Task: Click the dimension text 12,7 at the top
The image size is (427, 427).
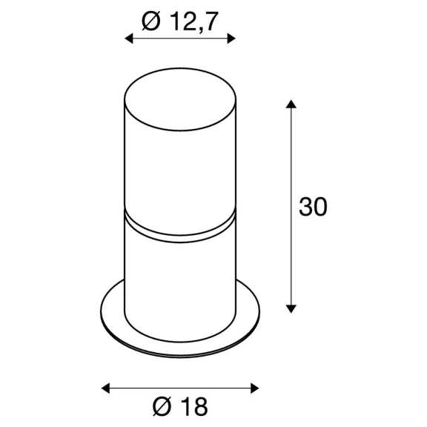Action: coord(194,21)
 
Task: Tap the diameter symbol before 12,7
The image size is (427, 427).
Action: coord(151,21)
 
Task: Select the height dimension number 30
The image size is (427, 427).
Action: coord(313,207)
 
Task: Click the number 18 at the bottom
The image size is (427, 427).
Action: coord(194,406)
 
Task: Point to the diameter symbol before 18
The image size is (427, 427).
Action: coord(162,406)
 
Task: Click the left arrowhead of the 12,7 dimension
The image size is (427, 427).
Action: coord(128,39)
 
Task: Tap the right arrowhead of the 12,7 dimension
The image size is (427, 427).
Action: coord(231,39)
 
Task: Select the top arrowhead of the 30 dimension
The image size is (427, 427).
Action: coord(291,104)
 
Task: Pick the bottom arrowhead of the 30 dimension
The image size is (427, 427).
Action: coord(291,309)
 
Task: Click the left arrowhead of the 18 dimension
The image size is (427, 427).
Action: coord(105,388)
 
